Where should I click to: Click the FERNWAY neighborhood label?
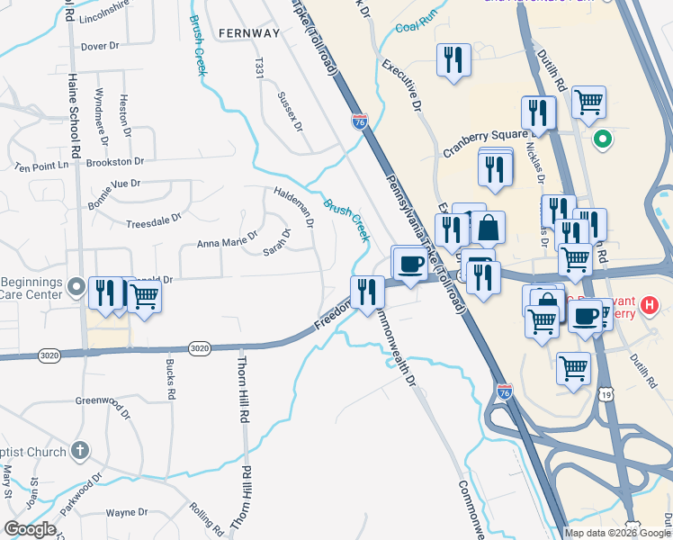tap(249, 33)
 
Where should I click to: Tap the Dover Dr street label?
tap(100, 46)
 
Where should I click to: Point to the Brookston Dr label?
tap(115, 162)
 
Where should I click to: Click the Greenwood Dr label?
tap(103, 400)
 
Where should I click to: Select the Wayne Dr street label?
tap(126, 512)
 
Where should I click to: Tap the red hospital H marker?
tap(649, 307)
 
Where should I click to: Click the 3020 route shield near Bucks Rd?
tap(200, 348)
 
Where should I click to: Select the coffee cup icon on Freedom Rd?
tap(410, 265)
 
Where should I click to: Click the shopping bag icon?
tap(487, 229)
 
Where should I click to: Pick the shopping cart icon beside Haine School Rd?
tap(144, 296)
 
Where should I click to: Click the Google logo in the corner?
tap(30, 529)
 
